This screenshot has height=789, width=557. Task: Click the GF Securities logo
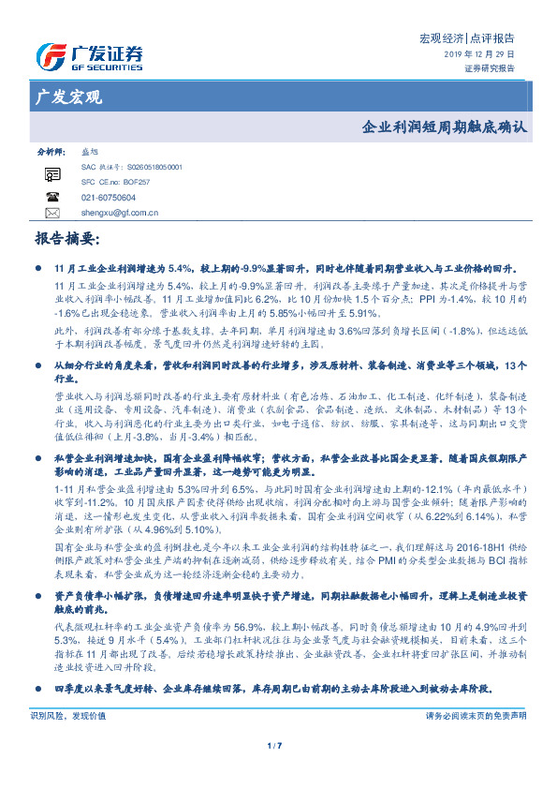(x=88, y=57)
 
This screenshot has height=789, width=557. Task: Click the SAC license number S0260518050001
(x=141, y=167)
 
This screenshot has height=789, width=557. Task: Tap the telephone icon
(x=52, y=198)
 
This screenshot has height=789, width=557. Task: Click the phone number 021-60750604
(x=109, y=198)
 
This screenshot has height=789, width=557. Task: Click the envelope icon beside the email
(x=52, y=213)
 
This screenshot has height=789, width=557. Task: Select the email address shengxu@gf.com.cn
(x=120, y=213)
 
